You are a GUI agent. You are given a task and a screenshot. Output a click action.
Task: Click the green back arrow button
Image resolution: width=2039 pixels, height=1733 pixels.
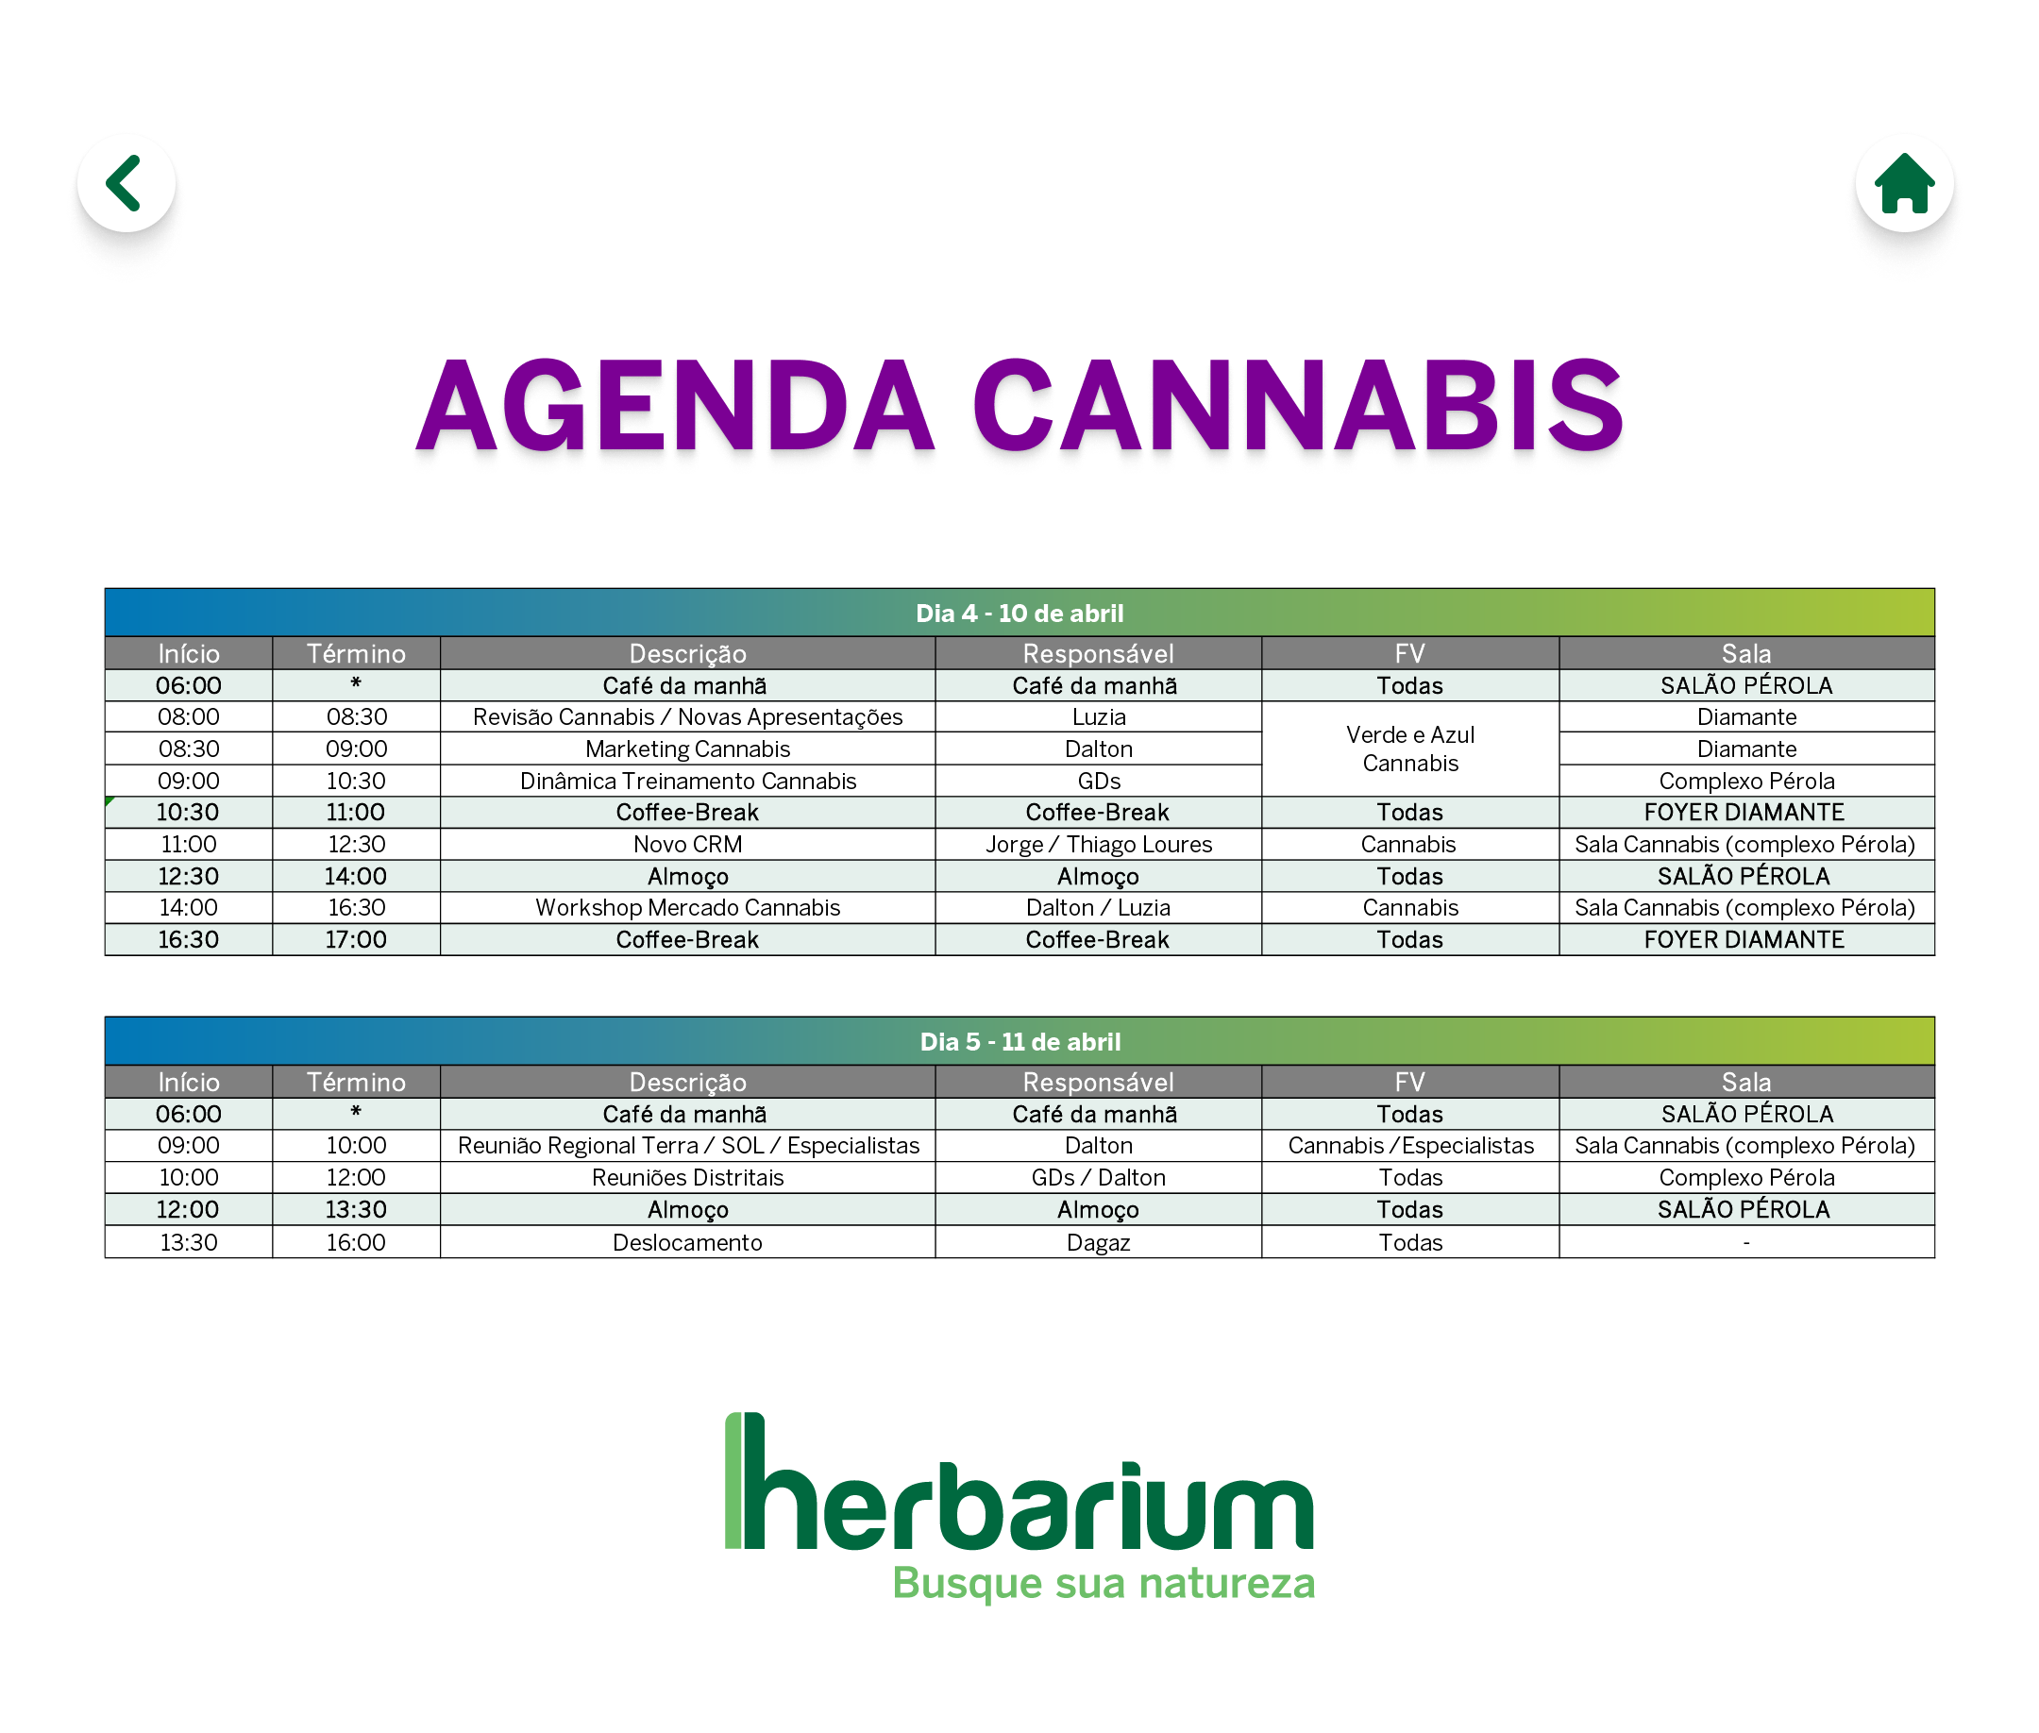[x=126, y=183]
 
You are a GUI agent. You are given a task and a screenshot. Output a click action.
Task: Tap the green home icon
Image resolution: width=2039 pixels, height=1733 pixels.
[x=1903, y=183]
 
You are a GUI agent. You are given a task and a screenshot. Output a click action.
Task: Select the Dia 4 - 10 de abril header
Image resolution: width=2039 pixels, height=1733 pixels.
[x=1019, y=613]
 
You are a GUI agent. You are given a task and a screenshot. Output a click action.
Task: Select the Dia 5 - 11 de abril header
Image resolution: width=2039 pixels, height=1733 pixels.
[x=1019, y=1041]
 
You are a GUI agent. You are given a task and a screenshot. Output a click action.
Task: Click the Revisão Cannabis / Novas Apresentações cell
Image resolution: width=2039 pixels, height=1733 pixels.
[x=687, y=717]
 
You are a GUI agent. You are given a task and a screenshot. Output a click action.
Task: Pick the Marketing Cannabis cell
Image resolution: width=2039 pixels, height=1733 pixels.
[x=687, y=749]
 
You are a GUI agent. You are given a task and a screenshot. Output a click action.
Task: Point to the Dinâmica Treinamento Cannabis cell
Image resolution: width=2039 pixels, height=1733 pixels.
[x=687, y=781]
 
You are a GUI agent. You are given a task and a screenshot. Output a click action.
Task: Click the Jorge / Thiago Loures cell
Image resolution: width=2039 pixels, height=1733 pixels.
[x=1098, y=845]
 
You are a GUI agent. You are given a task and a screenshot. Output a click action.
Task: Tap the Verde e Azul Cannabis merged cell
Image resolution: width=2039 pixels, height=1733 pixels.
[x=1409, y=749]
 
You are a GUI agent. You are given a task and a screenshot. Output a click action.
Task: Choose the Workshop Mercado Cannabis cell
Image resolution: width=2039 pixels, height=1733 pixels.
[x=687, y=908]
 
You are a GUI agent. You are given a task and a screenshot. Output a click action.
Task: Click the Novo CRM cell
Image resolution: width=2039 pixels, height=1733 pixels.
[x=687, y=845]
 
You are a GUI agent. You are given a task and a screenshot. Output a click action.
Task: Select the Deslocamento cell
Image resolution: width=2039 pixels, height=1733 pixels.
[x=687, y=1243]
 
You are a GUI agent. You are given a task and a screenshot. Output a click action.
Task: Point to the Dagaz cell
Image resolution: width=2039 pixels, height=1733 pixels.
[x=1098, y=1243]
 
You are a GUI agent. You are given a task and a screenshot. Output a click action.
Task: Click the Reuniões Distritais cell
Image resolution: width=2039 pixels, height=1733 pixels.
[x=687, y=1178]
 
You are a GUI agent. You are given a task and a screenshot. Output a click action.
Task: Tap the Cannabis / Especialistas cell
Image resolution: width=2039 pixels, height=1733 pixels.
[x=1409, y=1146]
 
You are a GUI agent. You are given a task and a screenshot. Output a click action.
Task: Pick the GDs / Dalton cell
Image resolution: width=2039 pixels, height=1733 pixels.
[x=1098, y=1178]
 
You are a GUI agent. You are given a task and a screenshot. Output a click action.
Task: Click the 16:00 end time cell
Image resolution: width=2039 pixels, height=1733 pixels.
[x=356, y=1243]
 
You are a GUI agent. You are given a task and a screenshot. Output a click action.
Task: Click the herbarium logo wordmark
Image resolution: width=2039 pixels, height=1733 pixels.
[x=1019, y=1483]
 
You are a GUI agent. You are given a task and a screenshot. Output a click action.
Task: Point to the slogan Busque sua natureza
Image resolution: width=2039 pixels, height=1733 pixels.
[x=1104, y=1584]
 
